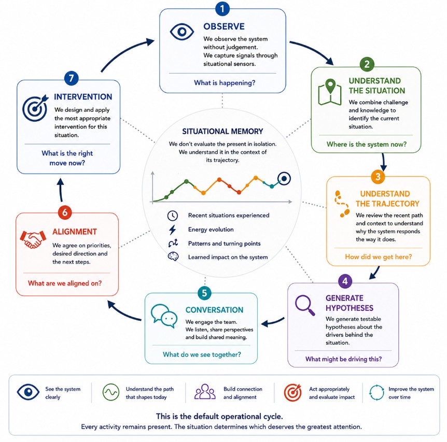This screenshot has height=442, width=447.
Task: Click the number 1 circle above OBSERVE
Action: [x=222, y=8]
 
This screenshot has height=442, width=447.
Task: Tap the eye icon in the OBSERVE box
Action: [x=181, y=31]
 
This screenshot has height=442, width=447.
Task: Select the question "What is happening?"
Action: [x=225, y=83]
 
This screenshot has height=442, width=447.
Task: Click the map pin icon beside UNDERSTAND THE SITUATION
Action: [x=330, y=92]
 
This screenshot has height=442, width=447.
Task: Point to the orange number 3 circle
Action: [x=378, y=177]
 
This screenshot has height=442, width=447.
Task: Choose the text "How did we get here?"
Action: [x=379, y=257]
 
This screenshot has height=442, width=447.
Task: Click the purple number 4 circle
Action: [x=345, y=281]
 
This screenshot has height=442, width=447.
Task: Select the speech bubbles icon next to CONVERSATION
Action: [x=164, y=316]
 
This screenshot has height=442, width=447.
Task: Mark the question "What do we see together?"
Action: [x=202, y=354]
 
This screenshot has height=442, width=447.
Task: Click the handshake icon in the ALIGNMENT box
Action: [x=33, y=239]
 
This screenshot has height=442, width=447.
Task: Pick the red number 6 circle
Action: [x=65, y=212]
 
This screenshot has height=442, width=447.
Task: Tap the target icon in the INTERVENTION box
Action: [x=35, y=108]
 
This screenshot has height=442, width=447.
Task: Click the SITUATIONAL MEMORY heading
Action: [x=222, y=131]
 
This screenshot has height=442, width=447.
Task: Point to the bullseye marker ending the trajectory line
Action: [x=284, y=179]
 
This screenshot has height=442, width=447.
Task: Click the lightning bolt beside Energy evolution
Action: [x=173, y=230]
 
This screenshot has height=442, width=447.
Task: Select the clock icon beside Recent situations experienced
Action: [x=173, y=216]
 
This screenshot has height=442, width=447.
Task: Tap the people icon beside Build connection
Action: [x=205, y=392]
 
